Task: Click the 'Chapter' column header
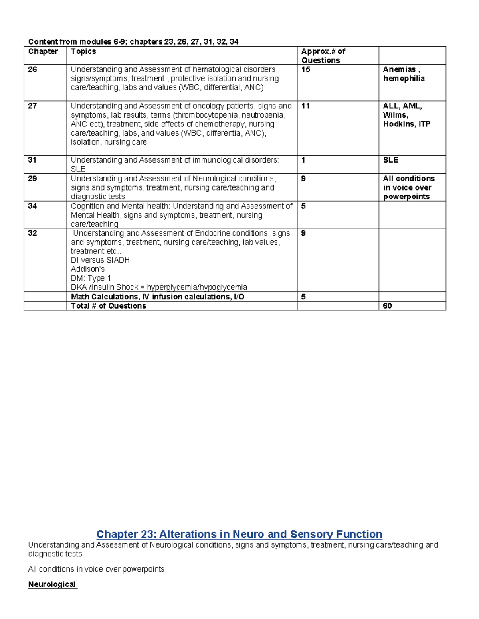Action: pos(43,51)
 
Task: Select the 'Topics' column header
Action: pos(83,51)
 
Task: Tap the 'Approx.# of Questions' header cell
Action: pos(323,56)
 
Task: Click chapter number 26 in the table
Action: pos(32,69)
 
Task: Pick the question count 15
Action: pos(306,69)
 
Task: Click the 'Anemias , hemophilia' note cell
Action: pos(404,74)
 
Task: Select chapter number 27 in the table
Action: pos(32,106)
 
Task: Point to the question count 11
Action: pos(306,106)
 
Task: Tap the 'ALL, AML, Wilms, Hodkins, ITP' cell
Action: pos(406,115)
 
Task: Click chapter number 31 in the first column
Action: pos(32,160)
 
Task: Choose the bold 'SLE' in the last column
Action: pos(390,160)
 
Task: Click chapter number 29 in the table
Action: pos(32,179)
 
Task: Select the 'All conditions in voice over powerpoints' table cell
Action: pos(408,187)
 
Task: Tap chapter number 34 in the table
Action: pos(32,206)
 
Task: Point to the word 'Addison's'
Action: pos(88,269)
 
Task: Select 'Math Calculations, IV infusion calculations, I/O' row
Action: pos(157,297)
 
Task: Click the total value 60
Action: pos(387,306)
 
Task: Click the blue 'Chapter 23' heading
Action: pos(239,534)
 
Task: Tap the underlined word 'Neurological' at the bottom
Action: pos(52,584)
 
